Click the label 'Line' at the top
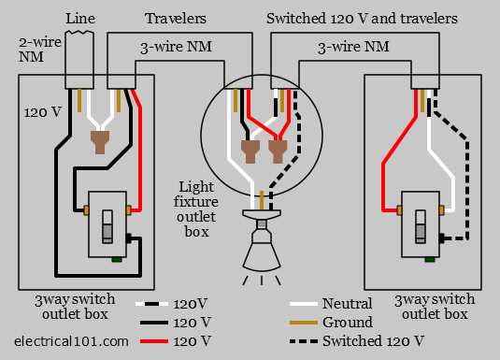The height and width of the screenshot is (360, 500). pyautogui.click(x=80, y=18)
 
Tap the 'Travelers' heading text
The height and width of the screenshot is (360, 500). pyautogui.click(x=176, y=18)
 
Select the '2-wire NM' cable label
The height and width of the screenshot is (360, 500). pyautogui.click(x=39, y=50)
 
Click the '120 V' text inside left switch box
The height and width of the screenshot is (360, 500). pyautogui.click(x=42, y=112)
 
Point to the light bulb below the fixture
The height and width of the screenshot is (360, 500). pyautogui.click(x=262, y=246)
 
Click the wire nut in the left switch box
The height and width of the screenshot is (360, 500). pyautogui.click(x=100, y=142)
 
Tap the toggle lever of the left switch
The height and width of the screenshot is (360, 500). pyautogui.click(x=107, y=227)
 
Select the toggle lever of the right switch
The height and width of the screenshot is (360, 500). pyautogui.click(x=421, y=227)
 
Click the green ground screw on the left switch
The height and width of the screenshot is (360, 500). pyautogui.click(x=117, y=259)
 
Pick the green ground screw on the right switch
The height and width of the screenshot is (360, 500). pyautogui.click(x=430, y=259)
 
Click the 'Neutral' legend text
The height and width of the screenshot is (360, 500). pyautogui.click(x=347, y=304)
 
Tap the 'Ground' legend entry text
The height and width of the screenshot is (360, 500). pyautogui.click(x=348, y=323)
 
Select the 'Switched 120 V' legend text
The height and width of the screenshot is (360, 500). pyautogui.click(x=373, y=341)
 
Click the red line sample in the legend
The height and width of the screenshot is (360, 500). pyautogui.click(x=154, y=341)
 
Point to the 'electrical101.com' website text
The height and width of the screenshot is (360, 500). pyautogui.click(x=71, y=341)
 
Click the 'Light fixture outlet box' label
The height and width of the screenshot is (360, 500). pyautogui.click(x=196, y=209)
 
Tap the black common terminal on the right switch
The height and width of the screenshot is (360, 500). pyautogui.click(x=442, y=238)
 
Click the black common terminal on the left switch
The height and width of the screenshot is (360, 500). pyautogui.click(x=129, y=238)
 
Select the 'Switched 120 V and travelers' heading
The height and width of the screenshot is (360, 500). pyautogui.click(x=362, y=18)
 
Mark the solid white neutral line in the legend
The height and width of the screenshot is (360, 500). pyautogui.click(x=304, y=304)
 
